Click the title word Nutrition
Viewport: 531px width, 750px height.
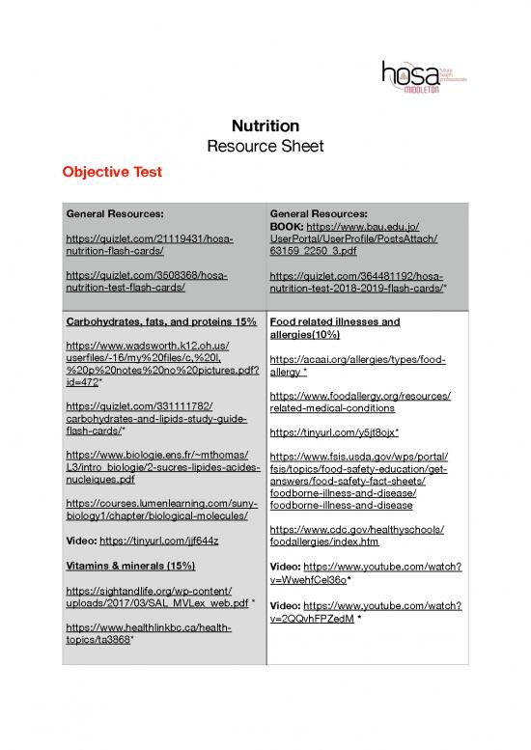[x=265, y=125]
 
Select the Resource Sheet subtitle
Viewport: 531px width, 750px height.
[x=265, y=147]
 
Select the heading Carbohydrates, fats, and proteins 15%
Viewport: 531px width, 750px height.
[x=159, y=320]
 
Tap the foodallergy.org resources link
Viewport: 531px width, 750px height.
[x=362, y=402]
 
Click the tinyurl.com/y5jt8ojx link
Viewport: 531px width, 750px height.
[x=334, y=431]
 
